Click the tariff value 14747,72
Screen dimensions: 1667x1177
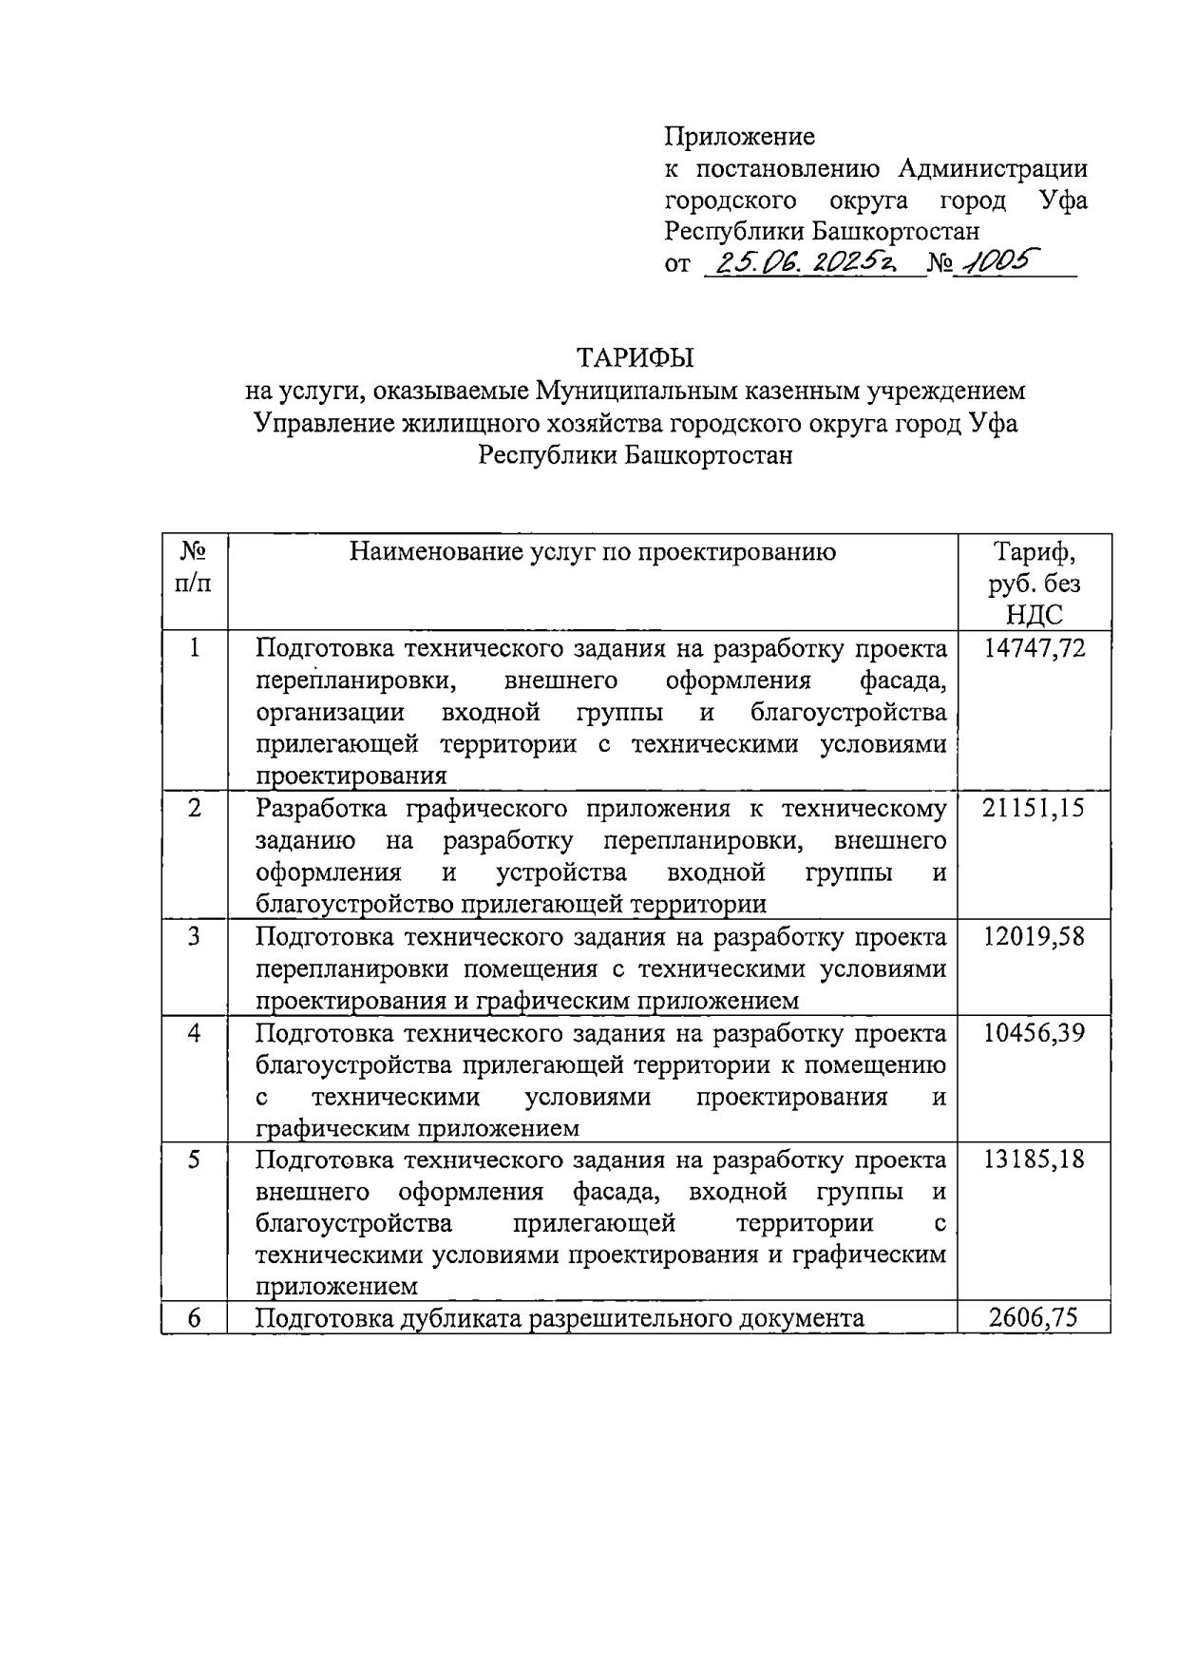tap(1034, 649)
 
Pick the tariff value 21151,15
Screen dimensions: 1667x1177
tap(1034, 809)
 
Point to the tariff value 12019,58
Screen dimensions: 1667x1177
tap(1034, 937)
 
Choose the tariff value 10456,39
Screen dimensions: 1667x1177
tap(1034, 1033)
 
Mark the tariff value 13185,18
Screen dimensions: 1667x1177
tap(1034, 1159)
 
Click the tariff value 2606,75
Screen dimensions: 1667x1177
tap(1034, 1318)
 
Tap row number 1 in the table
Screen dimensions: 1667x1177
tap(195, 649)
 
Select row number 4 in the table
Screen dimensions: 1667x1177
tap(195, 1033)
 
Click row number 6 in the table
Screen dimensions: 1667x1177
tap(195, 1318)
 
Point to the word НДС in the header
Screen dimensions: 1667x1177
tap(1034, 614)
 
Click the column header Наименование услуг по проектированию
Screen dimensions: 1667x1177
tap(593, 551)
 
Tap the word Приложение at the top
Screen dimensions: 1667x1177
tap(739, 136)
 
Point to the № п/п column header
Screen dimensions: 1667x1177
tap(195, 566)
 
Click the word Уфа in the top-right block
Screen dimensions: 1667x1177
tap(1062, 201)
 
